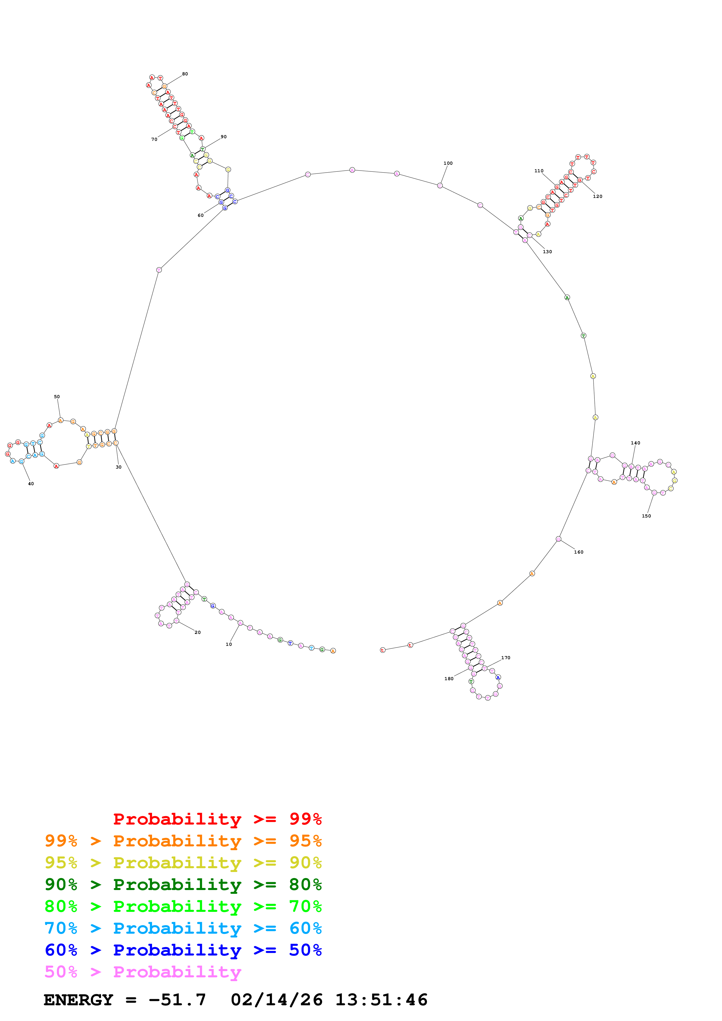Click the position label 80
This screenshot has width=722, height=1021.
185,74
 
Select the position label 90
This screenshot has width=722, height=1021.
223,137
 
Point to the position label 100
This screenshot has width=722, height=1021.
448,163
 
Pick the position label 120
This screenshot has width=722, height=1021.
597,196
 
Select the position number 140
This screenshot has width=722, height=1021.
635,443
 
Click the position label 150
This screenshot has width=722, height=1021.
646,516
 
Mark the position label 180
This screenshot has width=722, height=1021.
449,679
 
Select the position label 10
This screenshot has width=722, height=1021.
228,644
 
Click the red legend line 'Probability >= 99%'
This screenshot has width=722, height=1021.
217,819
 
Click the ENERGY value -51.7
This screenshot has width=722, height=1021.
177,1000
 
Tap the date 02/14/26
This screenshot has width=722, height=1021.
276,1000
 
